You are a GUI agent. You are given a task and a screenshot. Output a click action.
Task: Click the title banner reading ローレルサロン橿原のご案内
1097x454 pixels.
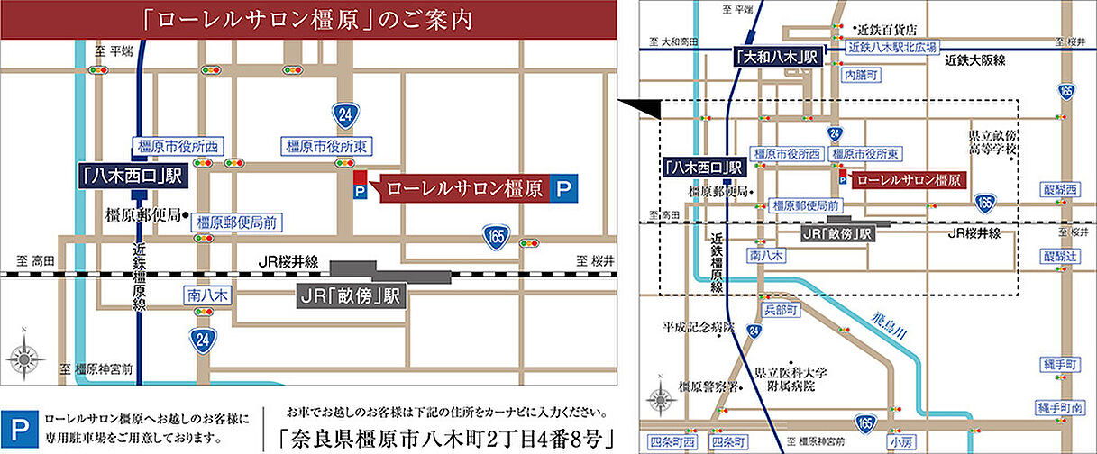(309, 20)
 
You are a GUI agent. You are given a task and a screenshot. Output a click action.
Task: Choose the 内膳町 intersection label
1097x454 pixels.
(860, 77)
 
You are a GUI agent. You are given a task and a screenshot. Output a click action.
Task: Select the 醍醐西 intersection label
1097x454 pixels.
(1060, 189)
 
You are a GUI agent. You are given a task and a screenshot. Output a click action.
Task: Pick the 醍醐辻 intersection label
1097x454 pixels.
(1060, 256)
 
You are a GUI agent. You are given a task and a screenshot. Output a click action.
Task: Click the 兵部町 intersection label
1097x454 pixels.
(781, 309)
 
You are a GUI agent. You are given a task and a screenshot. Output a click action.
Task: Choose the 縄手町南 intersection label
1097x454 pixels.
(1060, 408)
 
